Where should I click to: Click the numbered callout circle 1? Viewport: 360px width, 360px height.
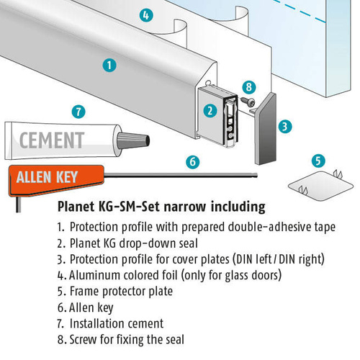[x=109, y=66]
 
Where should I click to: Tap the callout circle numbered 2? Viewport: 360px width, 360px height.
[x=210, y=111]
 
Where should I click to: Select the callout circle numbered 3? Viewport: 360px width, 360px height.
[x=285, y=127]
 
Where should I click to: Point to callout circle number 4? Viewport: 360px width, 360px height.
[x=146, y=15]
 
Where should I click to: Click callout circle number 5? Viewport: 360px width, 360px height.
[x=318, y=161]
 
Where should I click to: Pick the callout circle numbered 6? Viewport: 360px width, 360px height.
[x=193, y=162]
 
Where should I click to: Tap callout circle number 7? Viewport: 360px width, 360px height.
[x=78, y=112]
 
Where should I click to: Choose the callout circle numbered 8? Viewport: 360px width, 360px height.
[x=249, y=87]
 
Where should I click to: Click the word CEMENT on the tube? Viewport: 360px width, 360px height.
[x=52, y=140]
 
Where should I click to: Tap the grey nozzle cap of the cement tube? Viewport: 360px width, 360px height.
[x=133, y=140]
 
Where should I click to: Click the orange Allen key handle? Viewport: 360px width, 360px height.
[x=56, y=179]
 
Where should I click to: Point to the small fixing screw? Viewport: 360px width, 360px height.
[x=248, y=102]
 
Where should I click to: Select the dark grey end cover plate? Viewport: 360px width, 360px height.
[x=266, y=129]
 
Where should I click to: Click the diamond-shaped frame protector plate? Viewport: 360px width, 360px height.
[x=321, y=186]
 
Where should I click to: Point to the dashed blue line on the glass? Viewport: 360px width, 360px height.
[x=300, y=11]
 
